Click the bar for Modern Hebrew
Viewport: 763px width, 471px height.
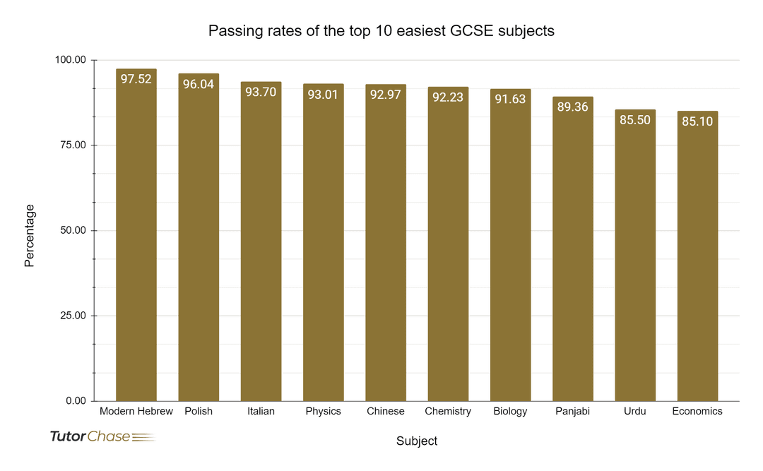click(x=136, y=240)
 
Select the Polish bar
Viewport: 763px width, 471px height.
click(x=199, y=240)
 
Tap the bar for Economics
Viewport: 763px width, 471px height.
click(x=697, y=258)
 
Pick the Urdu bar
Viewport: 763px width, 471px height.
click(x=635, y=258)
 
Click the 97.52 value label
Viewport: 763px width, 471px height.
click(x=136, y=79)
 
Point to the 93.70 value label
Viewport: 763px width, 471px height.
click(x=261, y=92)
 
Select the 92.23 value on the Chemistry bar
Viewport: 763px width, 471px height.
click(x=448, y=97)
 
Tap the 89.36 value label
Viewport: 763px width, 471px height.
click(x=572, y=107)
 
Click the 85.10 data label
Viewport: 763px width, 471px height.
click(x=697, y=121)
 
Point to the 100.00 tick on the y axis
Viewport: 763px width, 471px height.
click(x=71, y=60)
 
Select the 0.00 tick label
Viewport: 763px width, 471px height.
click(x=76, y=401)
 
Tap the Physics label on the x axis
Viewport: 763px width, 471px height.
click(x=323, y=411)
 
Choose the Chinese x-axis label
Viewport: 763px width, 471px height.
click(x=386, y=411)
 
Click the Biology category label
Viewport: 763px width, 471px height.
click(x=510, y=411)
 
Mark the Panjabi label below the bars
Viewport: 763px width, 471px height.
click(x=572, y=411)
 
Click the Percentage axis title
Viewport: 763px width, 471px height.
click(x=30, y=235)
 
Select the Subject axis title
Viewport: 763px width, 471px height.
click(x=417, y=441)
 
